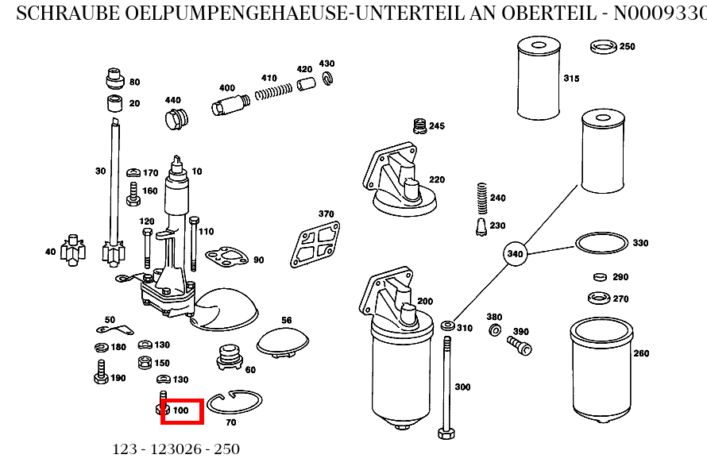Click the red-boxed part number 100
[x=182, y=410]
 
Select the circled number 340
[x=516, y=254]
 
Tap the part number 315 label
[x=571, y=79]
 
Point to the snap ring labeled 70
[x=235, y=403]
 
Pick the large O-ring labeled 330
[x=601, y=243]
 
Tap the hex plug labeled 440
[x=174, y=120]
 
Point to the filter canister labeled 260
[x=601, y=368]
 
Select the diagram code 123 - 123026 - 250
[x=176, y=449]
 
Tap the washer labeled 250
[x=605, y=48]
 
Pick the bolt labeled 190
[x=101, y=372]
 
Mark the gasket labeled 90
[x=227, y=256]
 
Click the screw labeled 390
[x=519, y=345]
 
